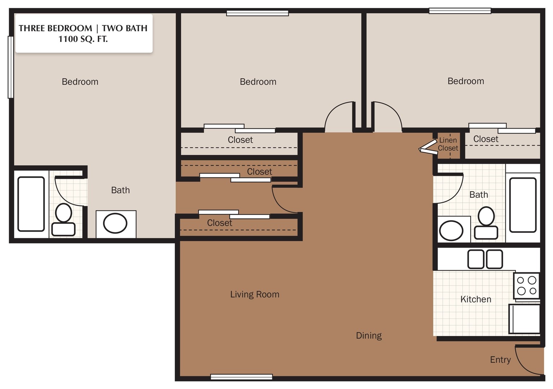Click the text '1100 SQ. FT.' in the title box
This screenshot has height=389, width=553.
pyautogui.click(x=83, y=39)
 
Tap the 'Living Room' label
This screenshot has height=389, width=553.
pyautogui.click(x=255, y=294)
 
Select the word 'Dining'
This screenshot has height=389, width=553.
pyautogui.click(x=369, y=335)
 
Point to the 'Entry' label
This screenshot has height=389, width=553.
pyautogui.click(x=500, y=359)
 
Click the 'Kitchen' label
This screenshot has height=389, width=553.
pyautogui.click(x=476, y=299)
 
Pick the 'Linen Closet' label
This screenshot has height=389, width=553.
pyautogui.click(x=448, y=144)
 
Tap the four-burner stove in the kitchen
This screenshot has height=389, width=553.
pyautogui.click(x=526, y=286)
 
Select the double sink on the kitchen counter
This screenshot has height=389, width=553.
pyautogui.click(x=485, y=259)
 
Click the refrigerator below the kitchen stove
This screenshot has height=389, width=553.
pyautogui.click(x=525, y=319)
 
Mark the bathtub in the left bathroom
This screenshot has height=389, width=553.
pyautogui.click(x=31, y=204)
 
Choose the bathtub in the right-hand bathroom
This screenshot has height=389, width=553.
pyautogui.click(x=523, y=205)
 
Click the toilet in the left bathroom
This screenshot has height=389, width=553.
pyautogui.click(x=63, y=220)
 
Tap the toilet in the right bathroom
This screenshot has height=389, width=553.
pyautogui.click(x=486, y=223)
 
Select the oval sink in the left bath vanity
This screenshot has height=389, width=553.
pyautogui.click(x=115, y=223)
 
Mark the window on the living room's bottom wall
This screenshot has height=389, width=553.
pyautogui.click(x=241, y=377)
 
